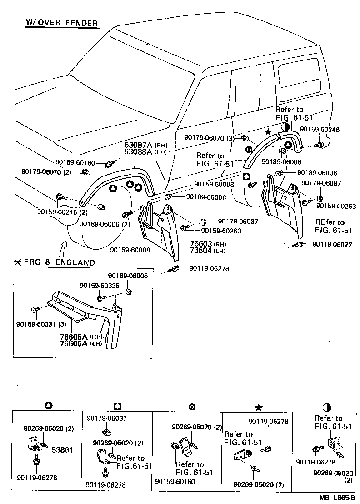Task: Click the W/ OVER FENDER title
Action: tap(61, 23)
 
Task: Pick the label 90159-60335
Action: tap(99, 286)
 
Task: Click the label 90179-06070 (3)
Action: tap(210, 137)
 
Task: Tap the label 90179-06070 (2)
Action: tap(46, 171)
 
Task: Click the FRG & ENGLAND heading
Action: tap(58, 262)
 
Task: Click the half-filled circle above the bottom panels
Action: tap(326, 407)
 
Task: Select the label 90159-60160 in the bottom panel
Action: tap(175, 481)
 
